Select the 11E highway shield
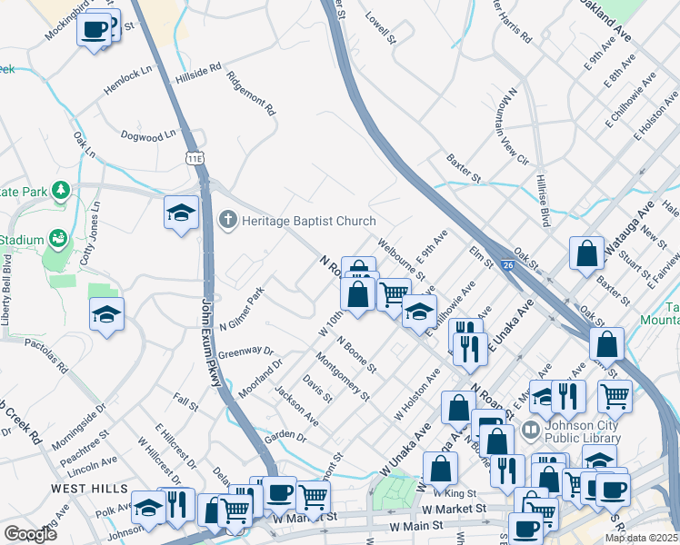pos(195,158)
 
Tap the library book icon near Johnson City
pos(531,429)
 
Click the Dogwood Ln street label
pos(148,135)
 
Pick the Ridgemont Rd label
pos(252,94)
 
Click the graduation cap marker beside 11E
pos(181,213)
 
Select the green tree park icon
pos(61,190)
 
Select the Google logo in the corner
pos(30,534)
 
